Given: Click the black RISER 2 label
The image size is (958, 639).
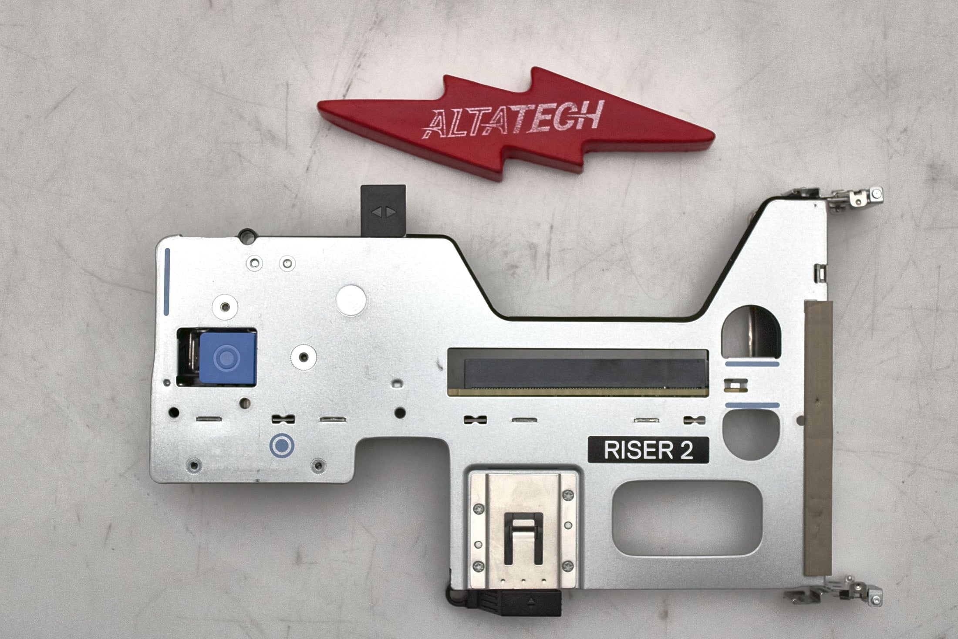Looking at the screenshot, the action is [648, 450].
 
